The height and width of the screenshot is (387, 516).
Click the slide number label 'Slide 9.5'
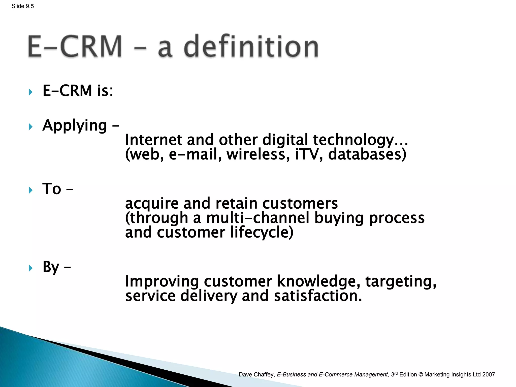tap(23, 6)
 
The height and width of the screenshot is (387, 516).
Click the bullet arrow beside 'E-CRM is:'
tap(31, 92)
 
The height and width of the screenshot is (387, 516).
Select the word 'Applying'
tap(75, 125)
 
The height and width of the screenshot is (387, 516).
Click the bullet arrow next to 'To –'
tap(31, 190)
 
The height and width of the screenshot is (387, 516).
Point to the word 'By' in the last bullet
tap(51, 267)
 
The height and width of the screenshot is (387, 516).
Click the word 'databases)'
tap(367, 154)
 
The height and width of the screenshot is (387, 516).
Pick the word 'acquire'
tap(152, 203)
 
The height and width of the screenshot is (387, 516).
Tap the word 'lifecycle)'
tap(262, 232)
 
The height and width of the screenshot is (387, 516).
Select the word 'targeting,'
tap(401, 281)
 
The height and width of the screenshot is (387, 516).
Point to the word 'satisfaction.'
tap(318, 296)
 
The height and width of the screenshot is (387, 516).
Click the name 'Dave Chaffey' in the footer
tap(256, 375)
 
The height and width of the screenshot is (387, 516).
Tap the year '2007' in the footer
tap(489, 375)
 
